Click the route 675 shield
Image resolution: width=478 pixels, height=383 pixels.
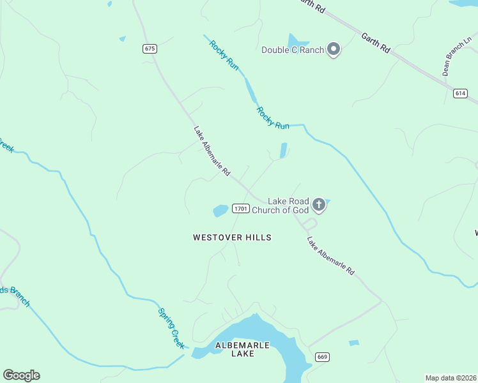pos(150,49)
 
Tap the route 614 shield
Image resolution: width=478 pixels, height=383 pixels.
pos(460,93)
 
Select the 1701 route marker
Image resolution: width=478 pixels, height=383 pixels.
pos(240,209)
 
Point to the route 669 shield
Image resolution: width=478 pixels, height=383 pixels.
pos(322,356)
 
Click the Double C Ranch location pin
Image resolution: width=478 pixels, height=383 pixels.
pos(333,49)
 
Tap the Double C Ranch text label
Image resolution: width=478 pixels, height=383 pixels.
pos(291,50)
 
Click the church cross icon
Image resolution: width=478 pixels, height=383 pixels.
pos(319,205)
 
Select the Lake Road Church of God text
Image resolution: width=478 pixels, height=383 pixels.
pos(281,205)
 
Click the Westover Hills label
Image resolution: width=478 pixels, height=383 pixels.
pos(232,237)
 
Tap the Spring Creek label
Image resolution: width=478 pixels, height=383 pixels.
pos(171,327)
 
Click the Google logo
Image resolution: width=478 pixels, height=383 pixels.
pos(21,375)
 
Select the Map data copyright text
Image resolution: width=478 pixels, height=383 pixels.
pos(451,378)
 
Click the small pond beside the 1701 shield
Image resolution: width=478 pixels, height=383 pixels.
pos(220,210)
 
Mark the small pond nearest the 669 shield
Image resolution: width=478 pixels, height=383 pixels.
pos(354,343)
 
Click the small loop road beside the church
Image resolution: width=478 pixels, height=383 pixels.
pos(310,224)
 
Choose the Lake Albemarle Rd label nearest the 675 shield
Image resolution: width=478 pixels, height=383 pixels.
pos(212,151)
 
